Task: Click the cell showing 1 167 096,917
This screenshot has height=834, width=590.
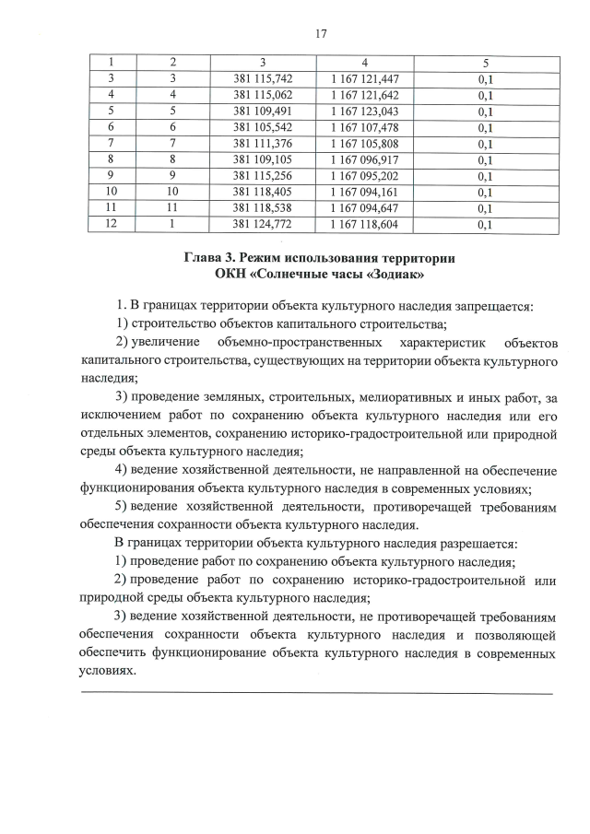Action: pyautogui.click(x=365, y=159)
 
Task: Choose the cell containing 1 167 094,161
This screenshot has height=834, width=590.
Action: pyautogui.click(x=365, y=192)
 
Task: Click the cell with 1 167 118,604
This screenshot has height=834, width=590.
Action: pyautogui.click(x=365, y=224)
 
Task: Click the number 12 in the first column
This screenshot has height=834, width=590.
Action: pyautogui.click(x=110, y=224)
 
